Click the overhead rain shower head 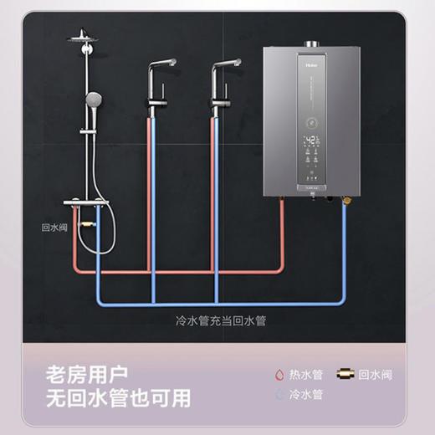(x=84, y=37)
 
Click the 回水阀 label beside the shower (x=54, y=226)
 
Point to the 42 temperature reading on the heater (x=311, y=139)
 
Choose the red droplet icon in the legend (x=275, y=375)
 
